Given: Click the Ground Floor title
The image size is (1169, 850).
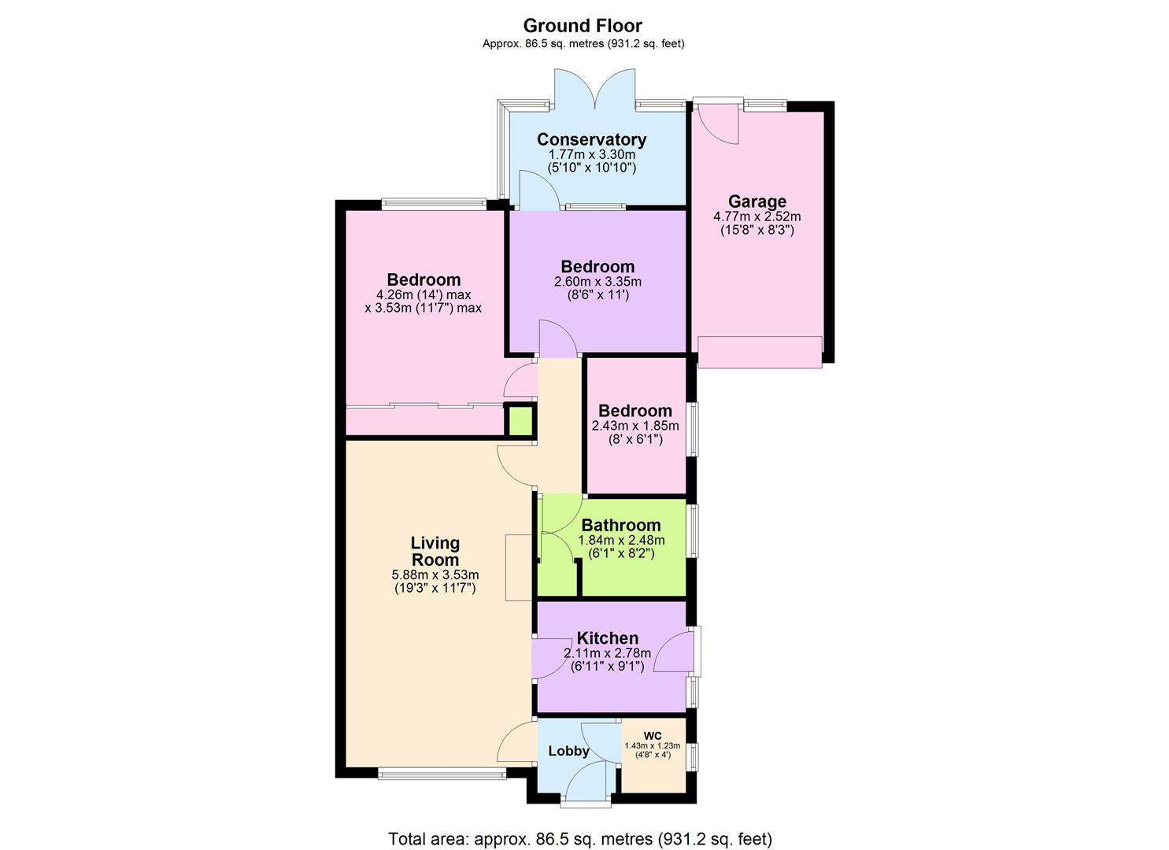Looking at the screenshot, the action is click(x=583, y=25).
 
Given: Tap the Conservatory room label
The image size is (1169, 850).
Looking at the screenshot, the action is click(x=591, y=139).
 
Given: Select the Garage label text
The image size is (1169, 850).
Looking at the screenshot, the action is click(x=757, y=201).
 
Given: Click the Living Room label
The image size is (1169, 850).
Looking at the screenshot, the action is click(x=435, y=551).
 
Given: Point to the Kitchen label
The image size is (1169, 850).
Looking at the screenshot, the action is click(x=607, y=638).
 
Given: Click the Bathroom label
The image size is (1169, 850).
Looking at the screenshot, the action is click(x=620, y=525).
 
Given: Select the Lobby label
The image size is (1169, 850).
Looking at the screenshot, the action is click(x=568, y=751).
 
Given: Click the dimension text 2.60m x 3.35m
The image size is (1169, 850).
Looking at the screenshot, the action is click(x=597, y=282).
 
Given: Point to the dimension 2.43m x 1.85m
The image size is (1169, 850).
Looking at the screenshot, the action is click(x=634, y=426).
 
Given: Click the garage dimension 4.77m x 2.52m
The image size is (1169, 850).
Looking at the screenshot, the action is click(x=757, y=216).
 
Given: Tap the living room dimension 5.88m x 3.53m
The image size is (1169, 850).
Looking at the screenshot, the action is click(x=435, y=575).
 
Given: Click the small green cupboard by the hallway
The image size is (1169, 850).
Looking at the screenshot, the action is click(x=520, y=421).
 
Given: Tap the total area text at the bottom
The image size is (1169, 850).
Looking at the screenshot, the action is click(x=579, y=838).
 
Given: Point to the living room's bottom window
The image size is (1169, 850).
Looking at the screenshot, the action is click(x=442, y=775).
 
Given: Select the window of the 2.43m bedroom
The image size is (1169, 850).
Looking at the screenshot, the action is click(x=694, y=429).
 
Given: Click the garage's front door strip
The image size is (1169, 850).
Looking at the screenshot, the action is click(x=760, y=352).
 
